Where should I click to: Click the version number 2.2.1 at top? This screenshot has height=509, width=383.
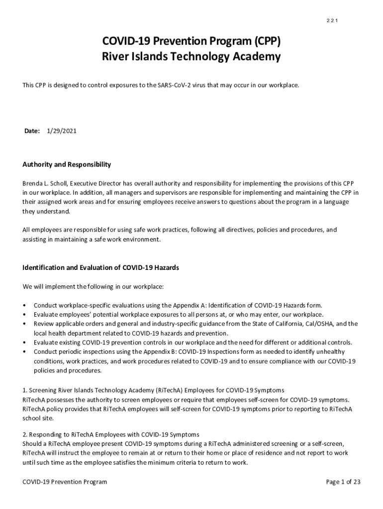click(x=332, y=20)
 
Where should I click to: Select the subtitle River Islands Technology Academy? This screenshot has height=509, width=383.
click(x=191, y=57)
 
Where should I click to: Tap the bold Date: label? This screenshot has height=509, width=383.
click(x=32, y=131)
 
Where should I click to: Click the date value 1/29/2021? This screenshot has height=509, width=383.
click(x=62, y=131)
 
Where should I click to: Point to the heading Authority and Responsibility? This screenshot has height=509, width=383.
click(x=67, y=165)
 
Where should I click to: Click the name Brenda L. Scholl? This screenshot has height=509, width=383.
click(x=48, y=183)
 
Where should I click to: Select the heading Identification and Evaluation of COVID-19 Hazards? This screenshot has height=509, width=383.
click(x=100, y=267)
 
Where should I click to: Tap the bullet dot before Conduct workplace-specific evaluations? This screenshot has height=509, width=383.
click(x=25, y=305)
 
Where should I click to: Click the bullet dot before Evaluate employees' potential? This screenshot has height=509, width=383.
click(x=25, y=315)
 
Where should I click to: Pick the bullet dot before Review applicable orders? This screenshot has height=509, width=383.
click(x=25, y=324)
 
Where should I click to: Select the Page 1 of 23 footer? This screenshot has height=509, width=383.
click(x=343, y=482)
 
